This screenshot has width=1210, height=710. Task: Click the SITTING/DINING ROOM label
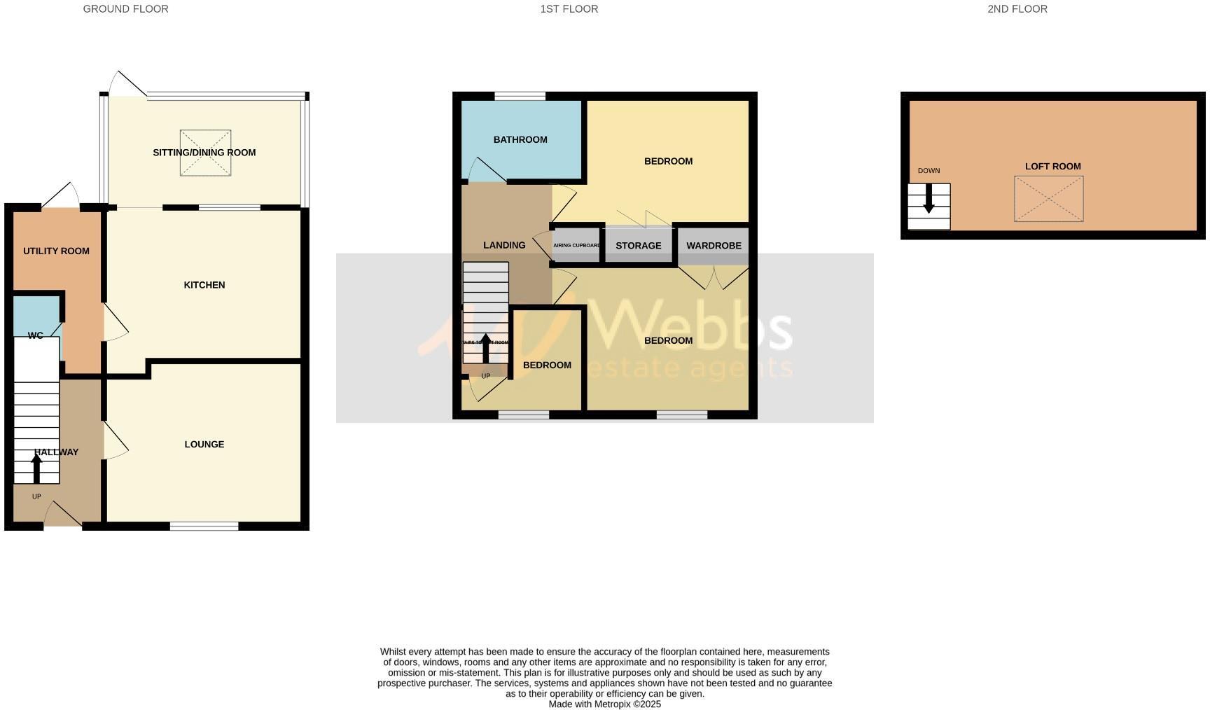click(x=204, y=153)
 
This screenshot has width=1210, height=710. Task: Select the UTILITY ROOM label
click(x=56, y=251)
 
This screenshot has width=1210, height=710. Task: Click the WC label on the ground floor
click(x=36, y=335)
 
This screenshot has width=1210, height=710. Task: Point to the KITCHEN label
click(x=204, y=285)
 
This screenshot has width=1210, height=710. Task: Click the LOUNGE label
click(x=204, y=444)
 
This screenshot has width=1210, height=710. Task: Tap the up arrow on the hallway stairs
click(x=36, y=468)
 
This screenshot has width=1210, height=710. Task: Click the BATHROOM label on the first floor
click(x=520, y=139)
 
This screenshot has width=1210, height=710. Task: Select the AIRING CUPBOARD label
click(x=576, y=246)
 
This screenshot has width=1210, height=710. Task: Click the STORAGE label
click(x=638, y=246)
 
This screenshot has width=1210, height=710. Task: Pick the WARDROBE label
click(x=714, y=246)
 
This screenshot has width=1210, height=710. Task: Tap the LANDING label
click(x=504, y=245)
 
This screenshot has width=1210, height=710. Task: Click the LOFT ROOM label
click(x=1052, y=166)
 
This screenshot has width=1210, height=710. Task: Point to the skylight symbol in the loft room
click(x=1048, y=200)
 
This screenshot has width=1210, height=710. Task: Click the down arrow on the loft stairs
click(x=929, y=199)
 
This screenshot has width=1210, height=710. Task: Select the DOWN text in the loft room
click(x=929, y=171)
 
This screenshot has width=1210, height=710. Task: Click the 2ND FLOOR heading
click(x=1017, y=9)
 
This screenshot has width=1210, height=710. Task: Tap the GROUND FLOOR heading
click(x=125, y=9)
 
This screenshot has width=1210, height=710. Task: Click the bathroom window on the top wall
click(x=520, y=96)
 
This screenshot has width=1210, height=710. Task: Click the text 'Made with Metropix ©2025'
click(x=604, y=704)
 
